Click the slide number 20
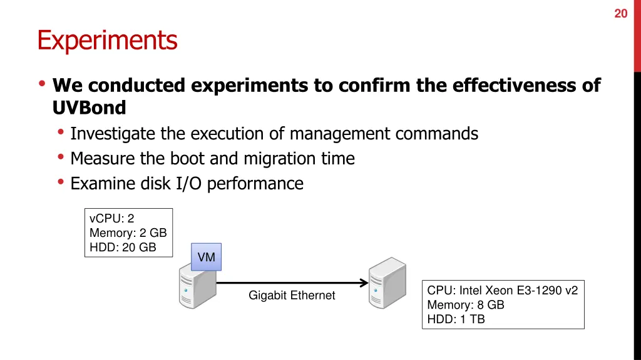point(620,13)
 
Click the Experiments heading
point(107,41)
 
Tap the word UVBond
point(90,108)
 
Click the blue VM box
point(206,257)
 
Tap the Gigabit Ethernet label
point(292,295)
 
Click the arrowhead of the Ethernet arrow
point(364,283)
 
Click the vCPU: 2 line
point(112,219)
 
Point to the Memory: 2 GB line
point(128,233)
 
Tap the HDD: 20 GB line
point(123,247)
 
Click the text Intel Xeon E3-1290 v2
point(518,291)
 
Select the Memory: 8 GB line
point(465,305)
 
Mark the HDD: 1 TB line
point(456,319)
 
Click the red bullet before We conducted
point(42,84)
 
